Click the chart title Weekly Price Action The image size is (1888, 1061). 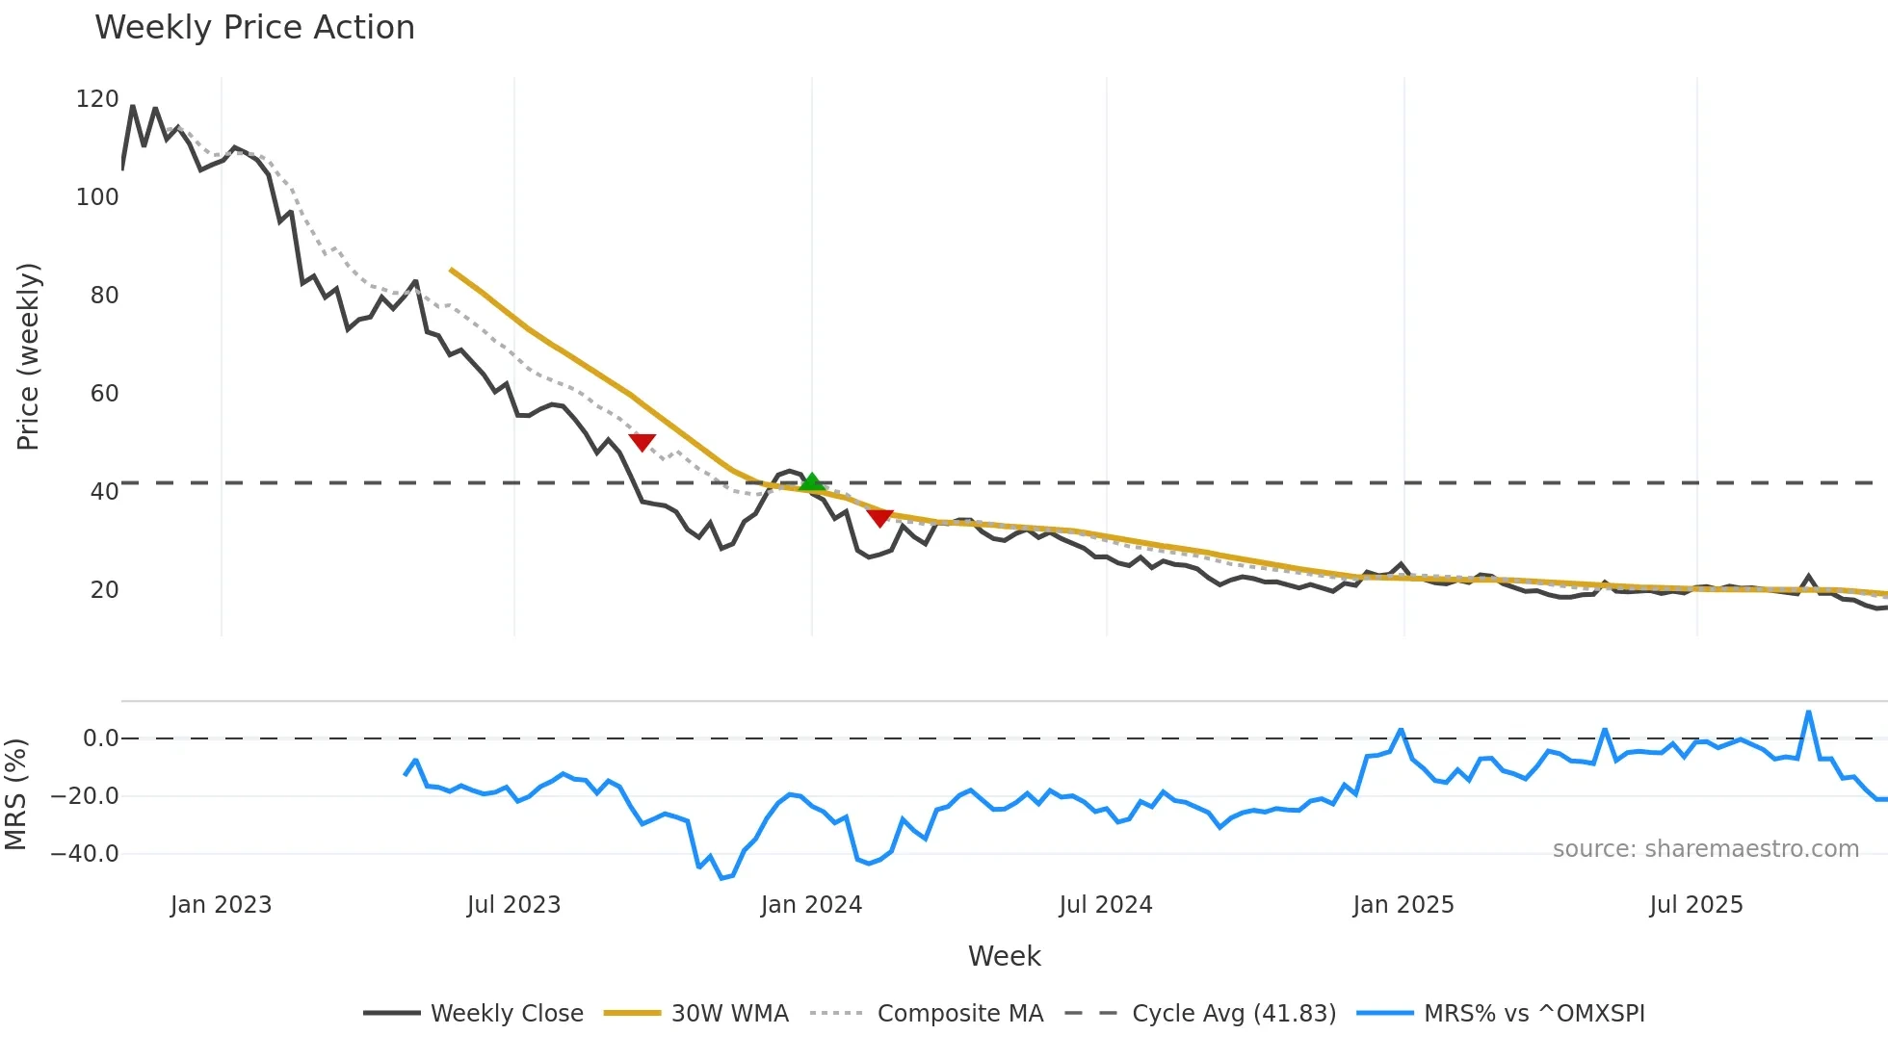tap(254, 28)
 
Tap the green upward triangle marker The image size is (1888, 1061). tap(812, 481)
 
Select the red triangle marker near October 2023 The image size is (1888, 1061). tap(642, 442)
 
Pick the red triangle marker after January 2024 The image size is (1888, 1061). tap(879, 518)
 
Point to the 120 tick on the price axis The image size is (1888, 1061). tap(97, 99)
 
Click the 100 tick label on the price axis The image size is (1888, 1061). tap(97, 197)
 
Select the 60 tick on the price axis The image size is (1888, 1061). tap(104, 394)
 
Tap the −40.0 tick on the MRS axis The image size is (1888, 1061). tap(85, 854)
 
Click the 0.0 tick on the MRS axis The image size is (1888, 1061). tap(100, 738)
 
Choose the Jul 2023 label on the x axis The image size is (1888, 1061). tap(513, 905)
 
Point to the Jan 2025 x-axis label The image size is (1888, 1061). tap(1403, 905)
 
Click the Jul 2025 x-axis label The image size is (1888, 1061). tap(1696, 905)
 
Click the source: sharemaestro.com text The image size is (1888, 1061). tap(1705, 849)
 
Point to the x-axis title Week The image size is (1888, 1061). tap(1004, 956)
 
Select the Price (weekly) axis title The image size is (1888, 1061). tap(29, 356)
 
